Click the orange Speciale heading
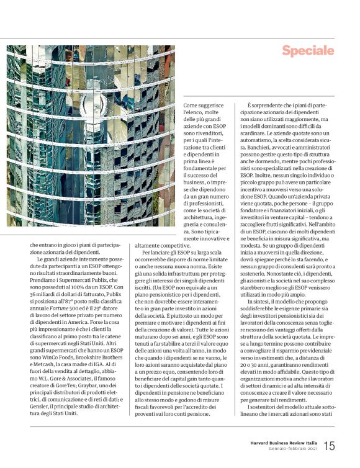click(308, 51)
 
